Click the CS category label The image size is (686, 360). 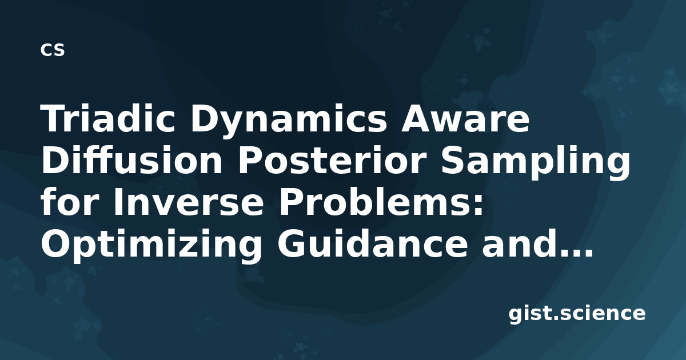point(53,50)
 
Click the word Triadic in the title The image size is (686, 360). point(108,118)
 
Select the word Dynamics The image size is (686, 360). point(289,121)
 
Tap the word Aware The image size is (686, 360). point(465,119)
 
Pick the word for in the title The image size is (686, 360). point(70,201)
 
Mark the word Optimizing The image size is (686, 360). point(151,246)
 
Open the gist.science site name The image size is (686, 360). point(577,314)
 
